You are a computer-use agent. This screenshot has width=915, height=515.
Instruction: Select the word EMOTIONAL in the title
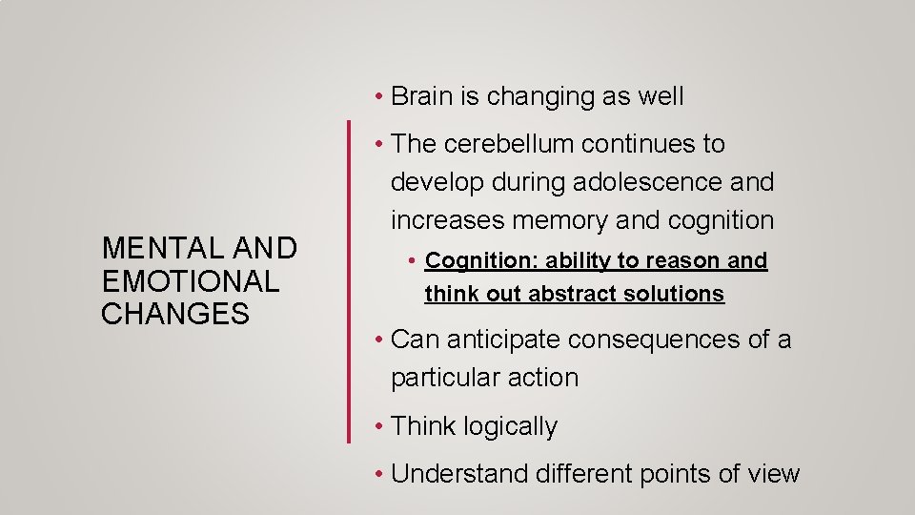191,281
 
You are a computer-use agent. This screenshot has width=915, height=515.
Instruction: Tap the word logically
510,427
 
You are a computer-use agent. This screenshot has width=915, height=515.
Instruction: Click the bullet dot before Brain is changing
379,97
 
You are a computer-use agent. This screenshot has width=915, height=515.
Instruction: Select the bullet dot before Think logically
379,427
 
